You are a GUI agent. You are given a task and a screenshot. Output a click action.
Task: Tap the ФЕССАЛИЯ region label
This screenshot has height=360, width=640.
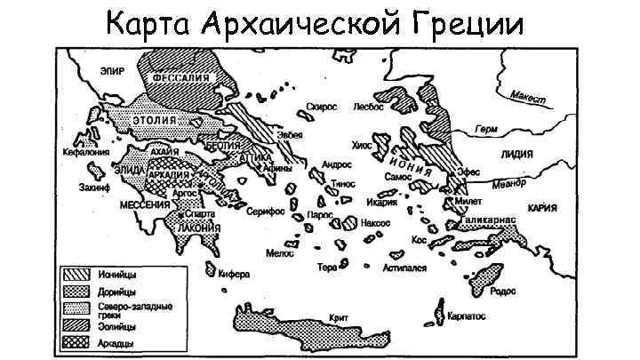(185, 78)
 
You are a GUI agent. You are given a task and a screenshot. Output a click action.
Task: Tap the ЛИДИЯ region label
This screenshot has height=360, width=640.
(516, 154)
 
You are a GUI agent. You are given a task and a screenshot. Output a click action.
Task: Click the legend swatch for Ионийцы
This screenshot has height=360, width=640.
(75, 274)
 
